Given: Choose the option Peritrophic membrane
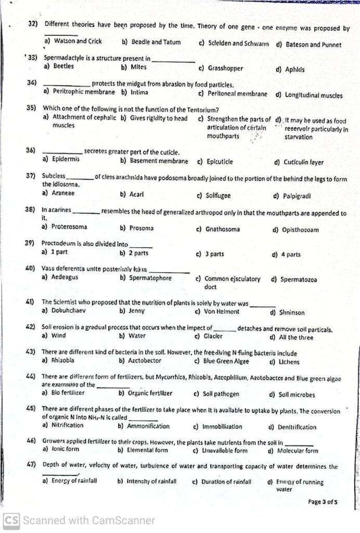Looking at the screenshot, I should click(x=83, y=92).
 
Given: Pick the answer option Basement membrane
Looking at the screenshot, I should click(x=159, y=161).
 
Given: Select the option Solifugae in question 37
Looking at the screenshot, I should click(x=217, y=196).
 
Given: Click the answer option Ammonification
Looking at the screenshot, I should click(x=148, y=426).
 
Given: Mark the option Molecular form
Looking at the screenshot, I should click(x=297, y=450).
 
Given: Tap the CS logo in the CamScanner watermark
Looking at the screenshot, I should click(x=11, y=519).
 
